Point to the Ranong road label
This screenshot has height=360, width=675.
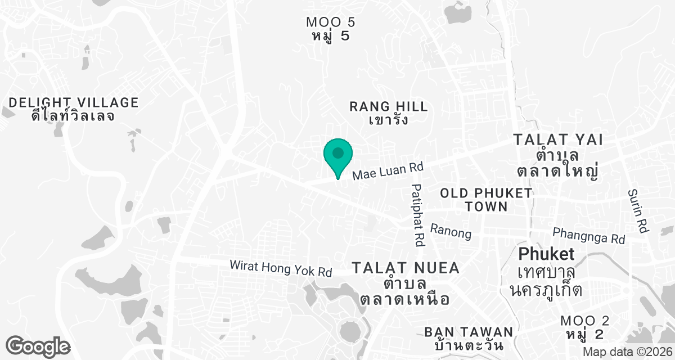(x=451, y=231)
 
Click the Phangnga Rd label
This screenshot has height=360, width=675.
(x=588, y=235)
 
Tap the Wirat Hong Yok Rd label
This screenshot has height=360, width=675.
(x=281, y=268)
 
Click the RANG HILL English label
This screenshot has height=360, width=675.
(x=389, y=106)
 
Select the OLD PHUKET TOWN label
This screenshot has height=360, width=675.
(x=486, y=200)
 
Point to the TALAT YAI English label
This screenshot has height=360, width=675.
(x=558, y=139)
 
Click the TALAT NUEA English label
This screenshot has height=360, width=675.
(x=406, y=268)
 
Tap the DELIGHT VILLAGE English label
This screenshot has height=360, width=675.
(x=74, y=102)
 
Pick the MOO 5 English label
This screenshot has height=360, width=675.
(x=331, y=22)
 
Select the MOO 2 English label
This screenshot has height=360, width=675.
(x=585, y=321)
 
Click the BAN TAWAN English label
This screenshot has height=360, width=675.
(x=469, y=331)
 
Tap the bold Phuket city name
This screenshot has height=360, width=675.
(x=546, y=254)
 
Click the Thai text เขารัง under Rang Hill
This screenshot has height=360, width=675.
(x=389, y=120)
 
